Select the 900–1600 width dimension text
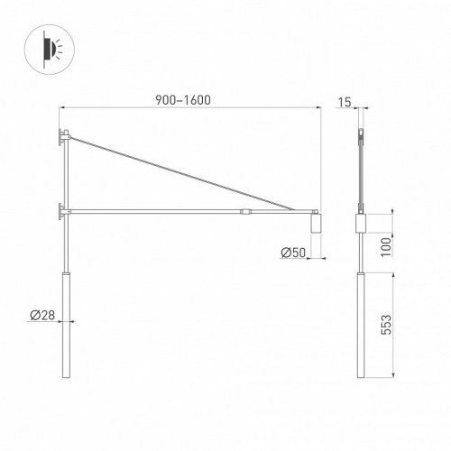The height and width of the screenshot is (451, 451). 187,100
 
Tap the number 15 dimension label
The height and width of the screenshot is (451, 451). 345,101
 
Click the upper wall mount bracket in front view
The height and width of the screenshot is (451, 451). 61,137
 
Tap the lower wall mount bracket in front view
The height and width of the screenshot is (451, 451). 61,211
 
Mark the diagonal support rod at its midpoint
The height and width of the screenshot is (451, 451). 190,174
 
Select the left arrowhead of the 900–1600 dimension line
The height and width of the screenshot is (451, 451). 61,108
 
